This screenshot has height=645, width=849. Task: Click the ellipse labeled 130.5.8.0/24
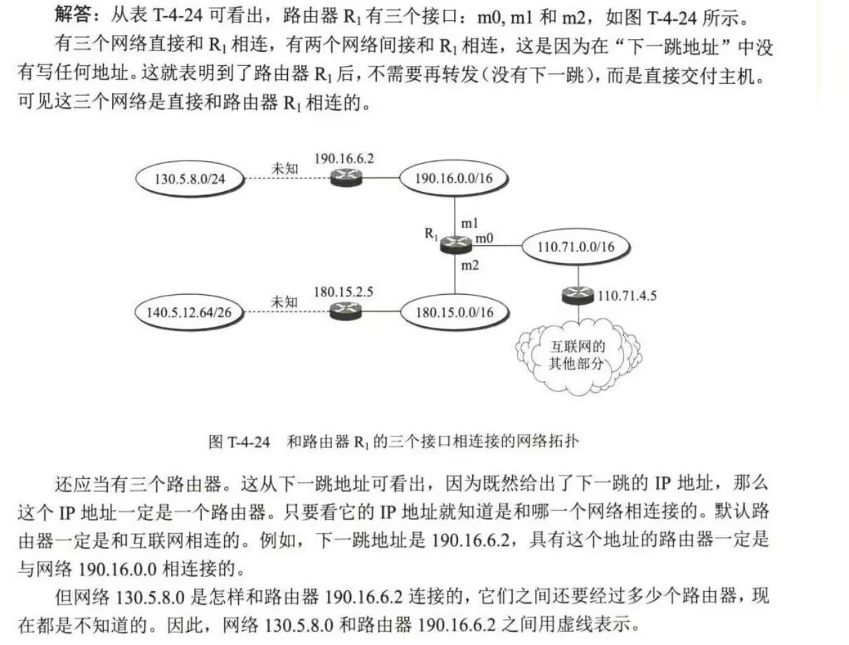tap(189, 179)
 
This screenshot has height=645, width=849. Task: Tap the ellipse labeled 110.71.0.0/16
tap(577, 245)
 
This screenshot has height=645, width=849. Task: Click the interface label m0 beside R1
tap(485, 239)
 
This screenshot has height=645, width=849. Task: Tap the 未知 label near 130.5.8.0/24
tap(284, 169)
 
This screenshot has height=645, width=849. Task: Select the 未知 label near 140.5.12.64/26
tap(284, 302)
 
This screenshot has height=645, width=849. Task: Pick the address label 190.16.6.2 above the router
tap(344, 158)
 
